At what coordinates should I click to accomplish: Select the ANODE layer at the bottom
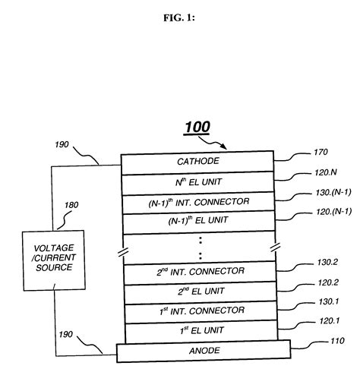point(203,351)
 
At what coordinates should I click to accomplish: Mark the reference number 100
point(196,128)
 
